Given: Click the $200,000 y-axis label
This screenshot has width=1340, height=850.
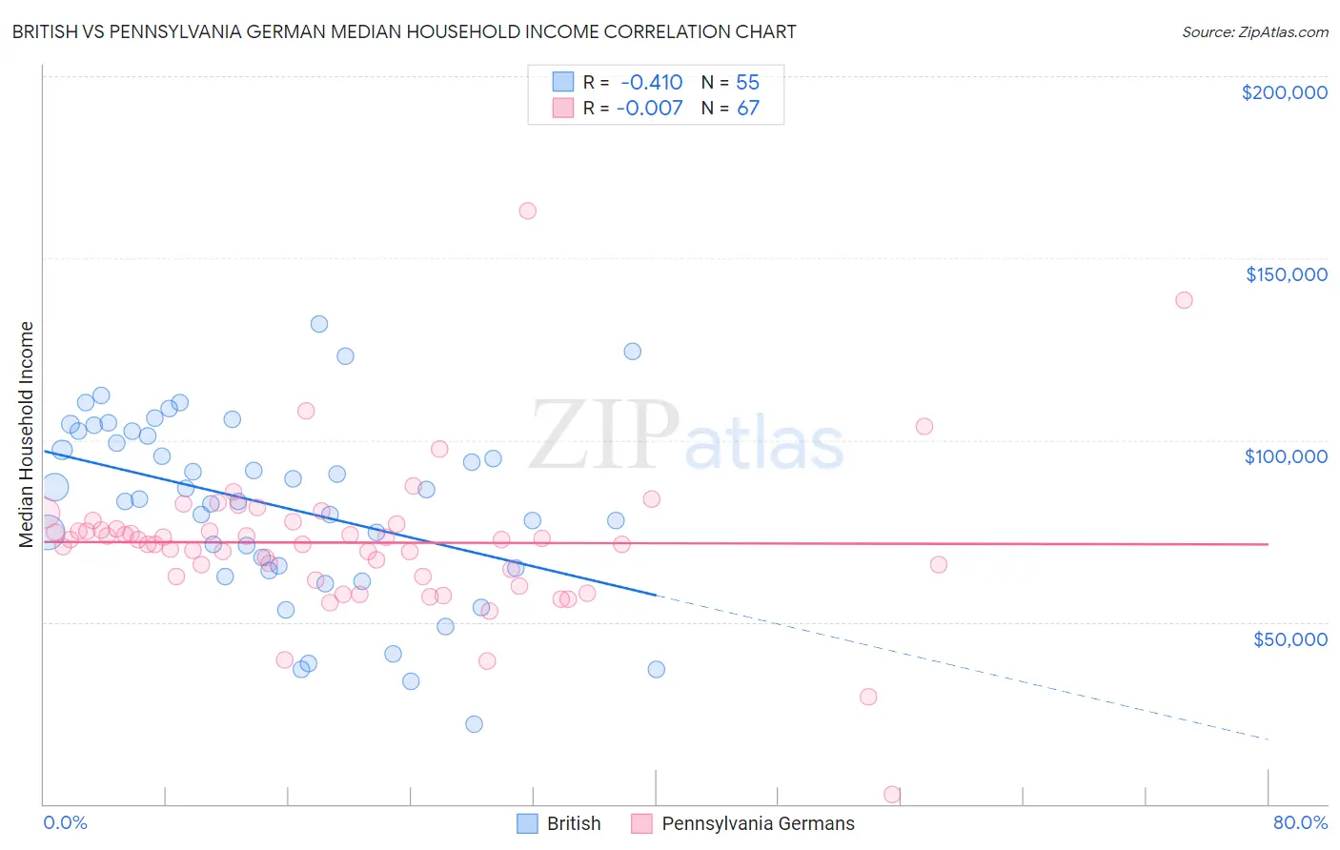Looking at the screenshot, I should pyautogui.click(x=1284, y=92).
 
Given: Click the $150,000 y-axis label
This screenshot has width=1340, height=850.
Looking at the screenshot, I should pyautogui.click(x=1286, y=274).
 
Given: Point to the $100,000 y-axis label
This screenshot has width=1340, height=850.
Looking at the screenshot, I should pyautogui.click(x=1286, y=456).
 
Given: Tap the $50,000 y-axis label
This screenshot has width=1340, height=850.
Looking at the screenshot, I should pyautogui.click(x=1289, y=639).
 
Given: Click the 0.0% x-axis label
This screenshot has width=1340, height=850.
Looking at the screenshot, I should pyautogui.click(x=65, y=822).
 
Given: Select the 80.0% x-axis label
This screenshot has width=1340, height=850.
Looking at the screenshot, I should pyautogui.click(x=1300, y=822).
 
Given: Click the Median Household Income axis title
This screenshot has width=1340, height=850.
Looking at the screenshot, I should pyautogui.click(x=27, y=435).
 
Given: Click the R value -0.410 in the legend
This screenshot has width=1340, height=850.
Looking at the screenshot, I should pyautogui.click(x=651, y=82).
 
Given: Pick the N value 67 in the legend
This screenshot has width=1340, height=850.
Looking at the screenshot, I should pyautogui.click(x=748, y=108).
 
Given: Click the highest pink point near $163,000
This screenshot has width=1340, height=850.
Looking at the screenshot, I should pyautogui.click(x=527, y=211).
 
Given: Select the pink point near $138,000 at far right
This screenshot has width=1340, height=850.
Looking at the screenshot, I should pyautogui.click(x=1184, y=300).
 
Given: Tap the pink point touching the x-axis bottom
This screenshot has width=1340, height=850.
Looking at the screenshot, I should pyautogui.click(x=892, y=794).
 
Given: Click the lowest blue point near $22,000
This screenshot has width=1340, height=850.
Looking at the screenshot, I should pyautogui.click(x=474, y=724).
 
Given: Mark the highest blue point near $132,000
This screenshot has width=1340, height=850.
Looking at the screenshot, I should pyautogui.click(x=319, y=324).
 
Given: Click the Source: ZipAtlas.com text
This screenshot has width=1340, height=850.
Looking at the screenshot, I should pyautogui.click(x=1254, y=31).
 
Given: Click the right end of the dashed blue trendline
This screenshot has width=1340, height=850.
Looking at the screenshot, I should pyautogui.click(x=1268, y=739).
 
